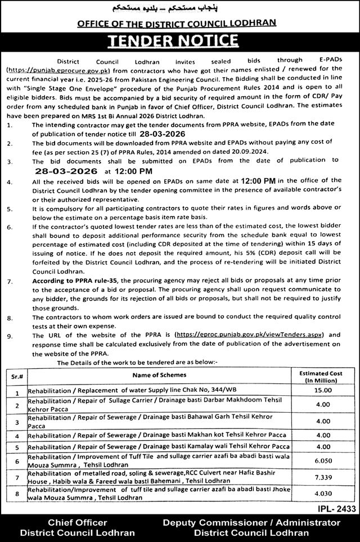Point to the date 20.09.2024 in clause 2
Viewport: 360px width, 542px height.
[254, 152]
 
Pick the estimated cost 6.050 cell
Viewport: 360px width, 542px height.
[322, 459]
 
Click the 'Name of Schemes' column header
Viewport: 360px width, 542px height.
[159, 374]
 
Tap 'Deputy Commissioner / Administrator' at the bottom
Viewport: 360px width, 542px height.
[251, 522]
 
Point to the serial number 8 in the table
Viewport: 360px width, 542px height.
[17, 494]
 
